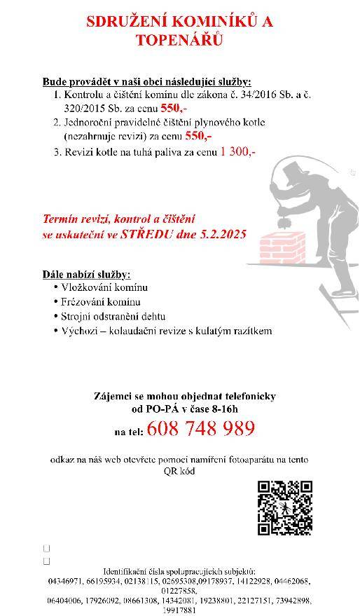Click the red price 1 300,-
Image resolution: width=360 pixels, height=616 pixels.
point(238,151)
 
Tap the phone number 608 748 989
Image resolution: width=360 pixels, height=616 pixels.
point(202,429)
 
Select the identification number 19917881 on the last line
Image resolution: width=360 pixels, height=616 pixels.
point(179,610)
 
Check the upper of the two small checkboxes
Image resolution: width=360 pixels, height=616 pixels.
point(46,549)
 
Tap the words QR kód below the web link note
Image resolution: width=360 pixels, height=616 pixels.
point(180,471)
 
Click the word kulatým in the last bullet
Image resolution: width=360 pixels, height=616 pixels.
point(221,330)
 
